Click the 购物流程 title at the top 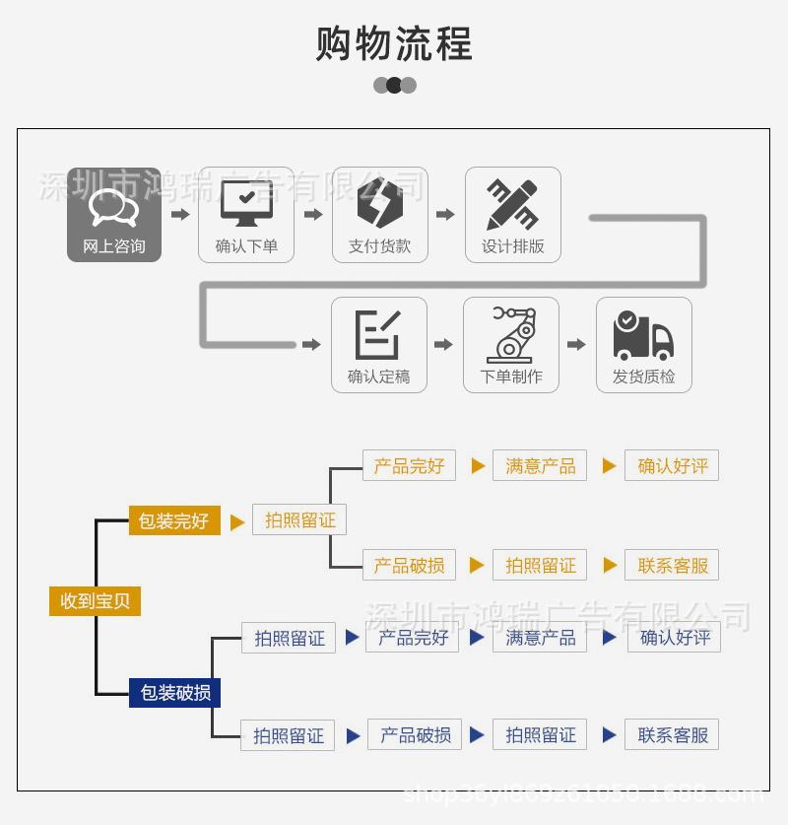(x=394, y=44)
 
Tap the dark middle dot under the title (x=394, y=85)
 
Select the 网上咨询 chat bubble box (x=114, y=214)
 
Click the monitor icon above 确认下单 (x=246, y=203)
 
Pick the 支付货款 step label (x=379, y=246)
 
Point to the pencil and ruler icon (x=512, y=203)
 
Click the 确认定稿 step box (x=379, y=345)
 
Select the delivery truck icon (x=643, y=334)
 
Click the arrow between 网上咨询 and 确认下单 (x=180, y=214)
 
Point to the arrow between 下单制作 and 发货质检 (x=577, y=344)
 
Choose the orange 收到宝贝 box (x=95, y=600)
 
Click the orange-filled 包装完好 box (x=174, y=520)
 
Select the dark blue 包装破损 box (x=174, y=692)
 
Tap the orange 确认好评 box (x=672, y=465)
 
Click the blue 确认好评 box (x=675, y=637)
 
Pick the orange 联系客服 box (x=672, y=565)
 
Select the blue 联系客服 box (x=672, y=734)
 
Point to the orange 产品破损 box (x=409, y=565)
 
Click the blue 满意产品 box (x=540, y=637)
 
